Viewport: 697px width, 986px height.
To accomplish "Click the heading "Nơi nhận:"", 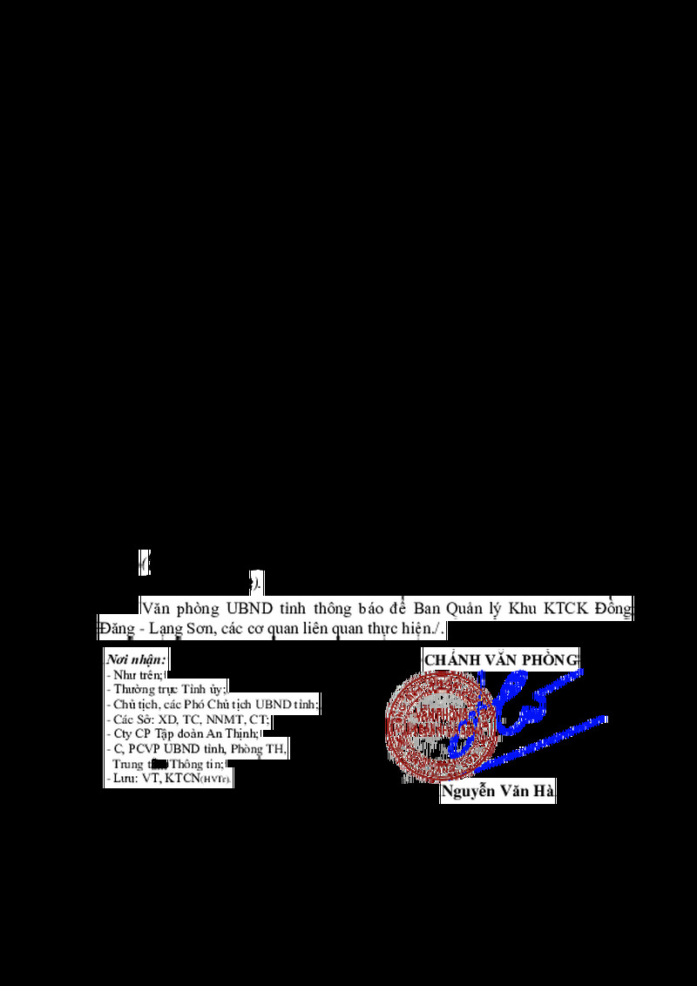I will point(136,659).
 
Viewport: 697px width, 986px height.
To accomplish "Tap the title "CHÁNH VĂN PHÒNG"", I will point(501,659).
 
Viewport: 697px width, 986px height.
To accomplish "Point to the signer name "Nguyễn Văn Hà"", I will point(498,792).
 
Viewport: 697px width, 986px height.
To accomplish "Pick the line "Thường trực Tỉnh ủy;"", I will point(166,689).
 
